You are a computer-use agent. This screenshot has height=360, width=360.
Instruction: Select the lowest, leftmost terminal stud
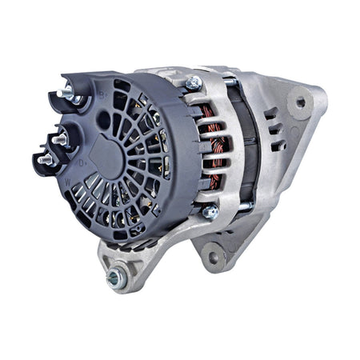tap(43, 159)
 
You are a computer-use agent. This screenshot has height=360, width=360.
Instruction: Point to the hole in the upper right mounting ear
tap(301, 102)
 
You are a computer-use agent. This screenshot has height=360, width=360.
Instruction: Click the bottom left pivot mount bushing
tap(115, 278)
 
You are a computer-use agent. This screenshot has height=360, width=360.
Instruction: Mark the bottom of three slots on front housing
tap(274, 142)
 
